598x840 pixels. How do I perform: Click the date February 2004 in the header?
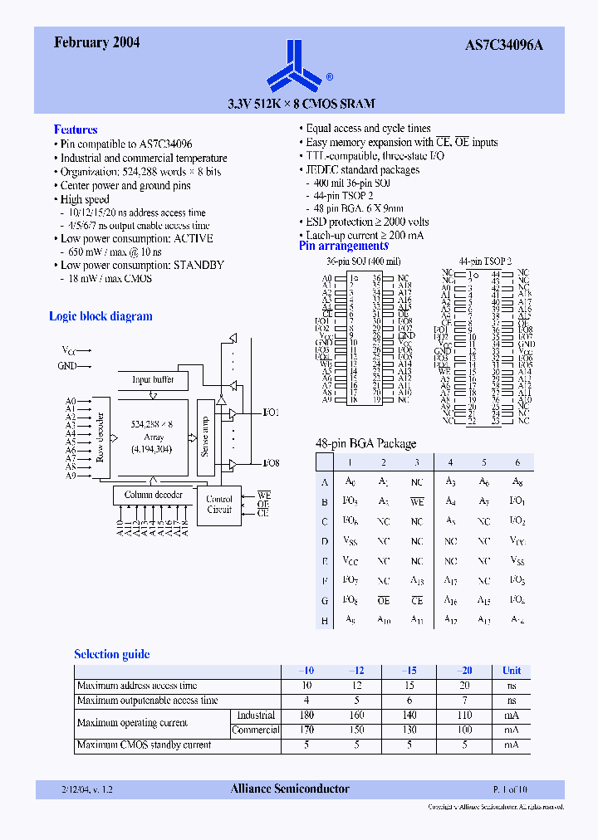pos(96,43)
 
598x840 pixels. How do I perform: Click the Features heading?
pos(76,129)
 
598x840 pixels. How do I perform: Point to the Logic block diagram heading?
pos(100,316)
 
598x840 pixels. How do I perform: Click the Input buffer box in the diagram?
pos(154,379)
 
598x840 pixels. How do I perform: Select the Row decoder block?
pos(100,437)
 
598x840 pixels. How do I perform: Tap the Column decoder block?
pos(153,495)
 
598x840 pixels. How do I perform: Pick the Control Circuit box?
pos(219,504)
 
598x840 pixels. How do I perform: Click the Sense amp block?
pos(205,436)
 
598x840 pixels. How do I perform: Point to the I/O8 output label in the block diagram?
pos(271,463)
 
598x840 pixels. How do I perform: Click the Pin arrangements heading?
pos(344,246)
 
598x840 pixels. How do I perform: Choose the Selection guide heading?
pos(112,654)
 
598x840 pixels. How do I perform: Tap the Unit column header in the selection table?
pos(512,671)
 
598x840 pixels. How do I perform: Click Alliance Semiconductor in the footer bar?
pos(290,789)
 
